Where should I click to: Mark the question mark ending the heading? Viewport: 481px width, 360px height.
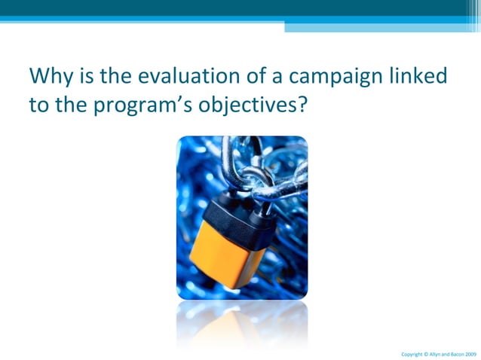pos(302,105)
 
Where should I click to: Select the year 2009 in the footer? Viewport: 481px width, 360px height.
pos(470,353)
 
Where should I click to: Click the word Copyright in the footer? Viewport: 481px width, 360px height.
pos(412,353)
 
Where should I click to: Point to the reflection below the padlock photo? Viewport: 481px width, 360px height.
pos(241,320)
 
